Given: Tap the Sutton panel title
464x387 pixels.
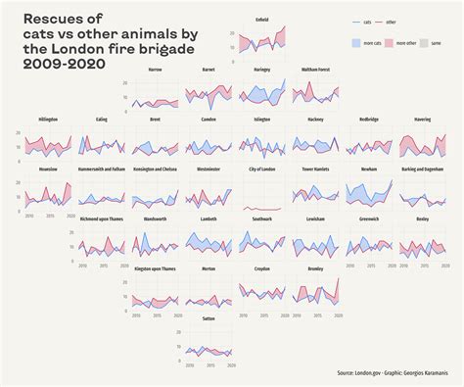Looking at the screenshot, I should coord(209,318).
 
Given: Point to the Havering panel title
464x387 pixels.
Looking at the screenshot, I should coord(422,119).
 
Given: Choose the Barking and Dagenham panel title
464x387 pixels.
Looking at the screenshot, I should coord(422,169).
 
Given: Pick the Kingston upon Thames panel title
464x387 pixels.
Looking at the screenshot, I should coord(155,268).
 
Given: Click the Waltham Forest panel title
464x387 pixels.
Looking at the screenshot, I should coord(315,70).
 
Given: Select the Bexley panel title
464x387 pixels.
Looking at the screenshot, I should coord(422,218).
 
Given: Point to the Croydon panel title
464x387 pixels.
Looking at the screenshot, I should coord(261,268).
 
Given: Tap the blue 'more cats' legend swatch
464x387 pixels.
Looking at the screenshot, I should coord(356,44).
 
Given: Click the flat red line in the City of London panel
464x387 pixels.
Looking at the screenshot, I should coord(261,209).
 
